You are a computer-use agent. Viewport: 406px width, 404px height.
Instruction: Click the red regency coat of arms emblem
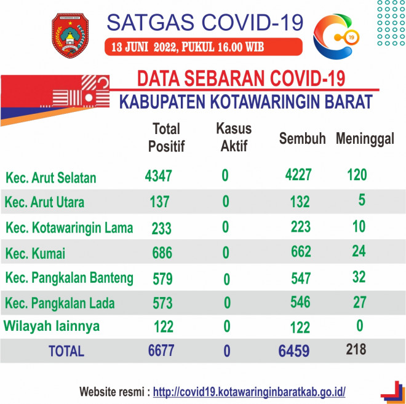[70, 36]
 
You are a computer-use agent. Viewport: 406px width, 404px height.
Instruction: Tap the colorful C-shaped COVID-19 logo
[336, 36]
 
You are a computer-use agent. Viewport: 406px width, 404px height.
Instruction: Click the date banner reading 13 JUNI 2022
[204, 47]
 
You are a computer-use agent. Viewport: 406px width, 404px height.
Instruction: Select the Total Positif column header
[167, 137]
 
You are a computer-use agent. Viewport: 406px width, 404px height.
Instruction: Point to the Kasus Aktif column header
[234, 137]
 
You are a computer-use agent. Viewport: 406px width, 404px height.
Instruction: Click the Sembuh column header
[302, 138]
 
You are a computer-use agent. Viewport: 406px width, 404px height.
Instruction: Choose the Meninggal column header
[365, 139]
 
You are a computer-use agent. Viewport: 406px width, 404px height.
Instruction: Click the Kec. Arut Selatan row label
[50, 178]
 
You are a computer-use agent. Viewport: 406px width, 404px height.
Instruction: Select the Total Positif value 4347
[158, 176]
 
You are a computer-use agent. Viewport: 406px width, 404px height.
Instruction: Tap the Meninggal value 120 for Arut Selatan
[357, 175]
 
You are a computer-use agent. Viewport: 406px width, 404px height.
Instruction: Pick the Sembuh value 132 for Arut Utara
[300, 202]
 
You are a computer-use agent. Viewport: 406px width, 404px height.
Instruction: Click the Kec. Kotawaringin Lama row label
[69, 228]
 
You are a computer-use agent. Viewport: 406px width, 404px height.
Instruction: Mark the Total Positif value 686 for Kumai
[162, 253]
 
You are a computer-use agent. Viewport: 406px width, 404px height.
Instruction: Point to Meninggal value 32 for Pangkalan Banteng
[359, 277]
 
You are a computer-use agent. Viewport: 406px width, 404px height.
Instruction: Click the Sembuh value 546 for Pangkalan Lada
[300, 302]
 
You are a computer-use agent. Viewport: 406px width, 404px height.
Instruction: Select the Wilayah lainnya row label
[52, 326]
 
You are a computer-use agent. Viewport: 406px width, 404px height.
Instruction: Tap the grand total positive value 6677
[161, 351]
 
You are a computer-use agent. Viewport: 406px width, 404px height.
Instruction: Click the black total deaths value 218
[356, 349]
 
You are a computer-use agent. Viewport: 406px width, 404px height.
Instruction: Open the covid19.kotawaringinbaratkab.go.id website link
[249, 392]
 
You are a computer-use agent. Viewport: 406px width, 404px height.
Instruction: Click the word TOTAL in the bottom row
[66, 351]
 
